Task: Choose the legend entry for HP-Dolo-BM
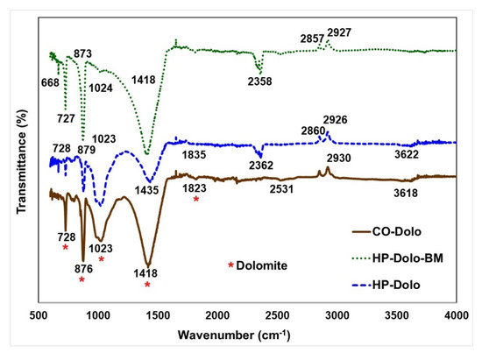410,259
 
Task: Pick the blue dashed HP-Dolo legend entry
399,286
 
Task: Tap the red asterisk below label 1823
195,200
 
